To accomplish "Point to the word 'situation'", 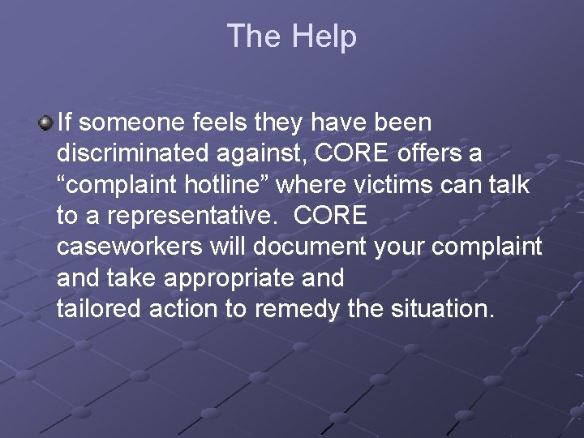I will point(440,308).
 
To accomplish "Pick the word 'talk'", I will point(509,185).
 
